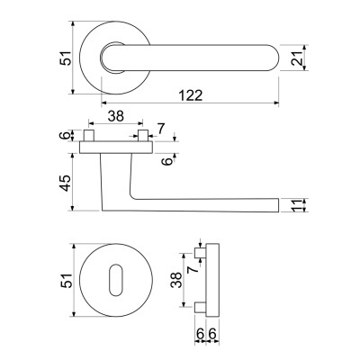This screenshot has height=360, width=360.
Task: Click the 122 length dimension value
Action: [191, 95]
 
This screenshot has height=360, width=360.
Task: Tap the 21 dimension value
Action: [297, 58]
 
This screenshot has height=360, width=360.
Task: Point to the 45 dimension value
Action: [66, 183]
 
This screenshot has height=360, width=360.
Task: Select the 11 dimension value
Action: [297, 205]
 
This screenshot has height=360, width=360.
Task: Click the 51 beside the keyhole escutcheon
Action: [66, 281]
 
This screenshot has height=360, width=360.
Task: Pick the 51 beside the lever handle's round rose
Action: [66, 58]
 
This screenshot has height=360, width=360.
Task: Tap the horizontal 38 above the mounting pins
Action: [116, 116]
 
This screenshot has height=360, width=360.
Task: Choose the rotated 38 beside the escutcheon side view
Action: [176, 280]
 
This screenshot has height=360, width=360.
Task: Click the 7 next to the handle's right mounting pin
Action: [161, 129]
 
